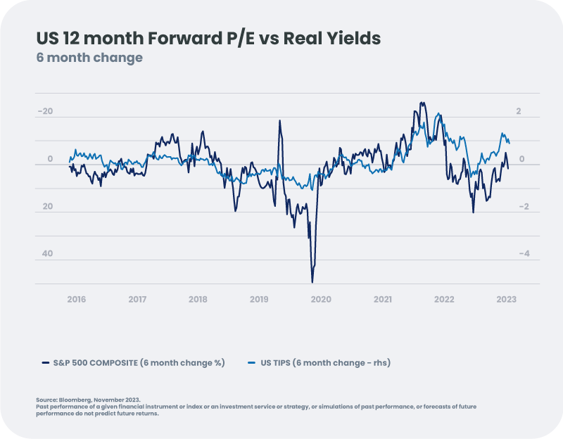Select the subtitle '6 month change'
click(x=89, y=58)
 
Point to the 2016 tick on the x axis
click(x=76, y=299)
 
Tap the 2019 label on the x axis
click(x=260, y=299)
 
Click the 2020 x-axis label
click(x=321, y=299)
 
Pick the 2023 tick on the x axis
click(x=506, y=299)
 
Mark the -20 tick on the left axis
click(x=45, y=112)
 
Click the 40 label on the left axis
click(x=46, y=253)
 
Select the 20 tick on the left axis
click(x=46, y=206)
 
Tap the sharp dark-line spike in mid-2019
click(x=279, y=120)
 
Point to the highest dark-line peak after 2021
click(x=422, y=103)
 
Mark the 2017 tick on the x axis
click(x=137, y=299)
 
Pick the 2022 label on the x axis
click(x=444, y=299)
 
